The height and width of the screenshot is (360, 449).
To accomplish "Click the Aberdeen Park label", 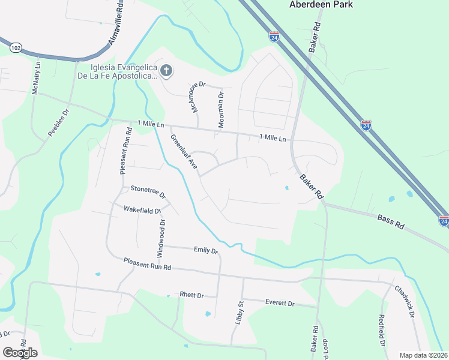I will [x=321, y=5].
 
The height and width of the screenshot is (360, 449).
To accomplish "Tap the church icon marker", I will [x=166, y=71].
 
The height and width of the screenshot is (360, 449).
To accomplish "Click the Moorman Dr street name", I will [x=220, y=104].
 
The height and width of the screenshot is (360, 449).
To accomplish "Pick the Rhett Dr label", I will [x=192, y=296].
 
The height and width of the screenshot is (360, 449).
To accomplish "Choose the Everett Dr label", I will [x=280, y=304].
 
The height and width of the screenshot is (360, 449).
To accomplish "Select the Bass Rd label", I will [x=391, y=220].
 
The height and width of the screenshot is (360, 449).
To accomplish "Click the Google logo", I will [x=20, y=353].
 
